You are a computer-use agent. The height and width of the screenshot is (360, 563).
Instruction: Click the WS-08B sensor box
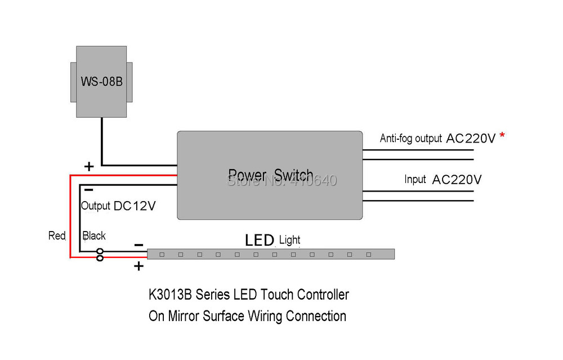click(x=101, y=82)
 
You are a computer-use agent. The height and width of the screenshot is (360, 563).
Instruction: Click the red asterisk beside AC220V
click(x=501, y=136)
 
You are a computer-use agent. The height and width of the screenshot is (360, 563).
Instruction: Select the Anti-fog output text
click(x=410, y=139)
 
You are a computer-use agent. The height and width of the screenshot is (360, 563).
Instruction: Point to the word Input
click(x=415, y=180)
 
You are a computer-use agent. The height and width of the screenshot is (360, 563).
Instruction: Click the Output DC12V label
click(x=118, y=206)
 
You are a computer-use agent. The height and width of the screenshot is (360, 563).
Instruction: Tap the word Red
click(x=57, y=235)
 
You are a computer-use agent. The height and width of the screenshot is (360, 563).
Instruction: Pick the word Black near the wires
click(x=94, y=235)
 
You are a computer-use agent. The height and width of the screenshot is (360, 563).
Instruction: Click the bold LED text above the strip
click(x=260, y=240)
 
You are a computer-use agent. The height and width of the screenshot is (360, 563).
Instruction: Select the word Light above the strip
click(x=290, y=241)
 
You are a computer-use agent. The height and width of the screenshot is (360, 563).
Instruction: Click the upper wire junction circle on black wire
click(x=100, y=251)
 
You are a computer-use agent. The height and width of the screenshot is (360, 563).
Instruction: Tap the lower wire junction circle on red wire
click(x=100, y=258)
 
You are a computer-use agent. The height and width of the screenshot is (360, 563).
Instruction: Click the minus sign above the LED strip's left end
click(x=138, y=245)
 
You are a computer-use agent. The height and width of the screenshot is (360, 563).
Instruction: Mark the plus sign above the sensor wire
click(x=89, y=166)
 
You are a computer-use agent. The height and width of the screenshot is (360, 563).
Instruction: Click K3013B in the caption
click(x=167, y=295)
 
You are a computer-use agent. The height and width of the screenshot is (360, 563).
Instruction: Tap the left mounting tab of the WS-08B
click(x=73, y=82)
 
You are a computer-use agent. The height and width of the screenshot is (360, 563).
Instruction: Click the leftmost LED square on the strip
click(x=162, y=255)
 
